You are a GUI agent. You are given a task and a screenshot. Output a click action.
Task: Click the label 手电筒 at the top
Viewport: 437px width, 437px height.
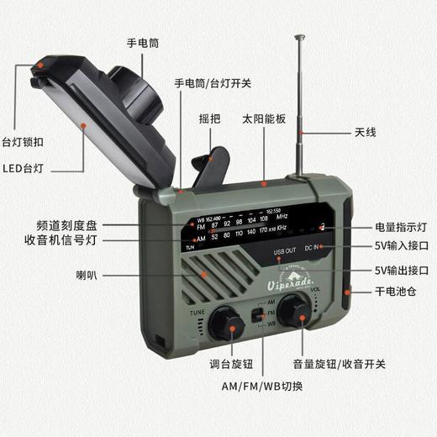point(142,42)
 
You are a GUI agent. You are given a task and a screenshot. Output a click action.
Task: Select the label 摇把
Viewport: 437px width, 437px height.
point(209,118)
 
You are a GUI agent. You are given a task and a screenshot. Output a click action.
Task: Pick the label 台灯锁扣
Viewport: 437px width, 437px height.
point(24,140)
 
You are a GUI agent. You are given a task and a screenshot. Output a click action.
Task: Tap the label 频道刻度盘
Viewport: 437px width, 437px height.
point(68,227)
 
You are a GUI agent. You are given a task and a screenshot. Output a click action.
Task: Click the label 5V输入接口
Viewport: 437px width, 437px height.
point(401,248)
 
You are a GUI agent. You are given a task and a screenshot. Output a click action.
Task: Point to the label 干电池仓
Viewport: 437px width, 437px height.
point(403,292)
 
